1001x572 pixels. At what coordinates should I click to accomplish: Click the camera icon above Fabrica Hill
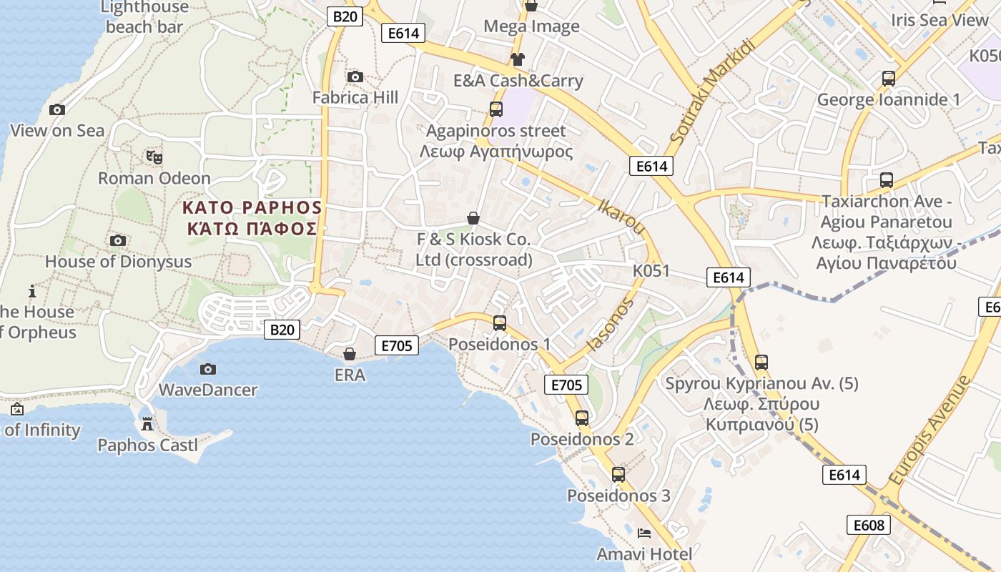355,77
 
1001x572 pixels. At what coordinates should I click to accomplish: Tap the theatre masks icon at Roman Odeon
154,157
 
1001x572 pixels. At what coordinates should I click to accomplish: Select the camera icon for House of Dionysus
118,241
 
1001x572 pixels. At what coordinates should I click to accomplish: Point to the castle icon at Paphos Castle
147,424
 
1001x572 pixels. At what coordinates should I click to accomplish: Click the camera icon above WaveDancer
208,369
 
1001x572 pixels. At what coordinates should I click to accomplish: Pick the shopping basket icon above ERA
350,354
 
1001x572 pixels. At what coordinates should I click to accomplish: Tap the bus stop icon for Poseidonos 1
500,323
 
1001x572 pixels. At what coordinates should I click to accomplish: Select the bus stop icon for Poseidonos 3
618,474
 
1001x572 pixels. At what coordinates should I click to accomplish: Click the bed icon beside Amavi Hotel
644,533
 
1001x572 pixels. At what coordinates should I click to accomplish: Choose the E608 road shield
869,525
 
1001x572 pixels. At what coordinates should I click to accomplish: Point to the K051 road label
651,271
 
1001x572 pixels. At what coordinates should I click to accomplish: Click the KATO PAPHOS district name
252,208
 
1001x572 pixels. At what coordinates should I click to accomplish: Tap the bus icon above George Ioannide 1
889,79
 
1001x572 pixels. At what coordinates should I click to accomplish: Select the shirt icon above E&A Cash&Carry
517,59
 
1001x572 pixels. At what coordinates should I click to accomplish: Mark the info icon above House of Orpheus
31,291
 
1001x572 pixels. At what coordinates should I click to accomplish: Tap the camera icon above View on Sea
57,109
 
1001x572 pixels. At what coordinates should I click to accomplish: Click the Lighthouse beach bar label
145,17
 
